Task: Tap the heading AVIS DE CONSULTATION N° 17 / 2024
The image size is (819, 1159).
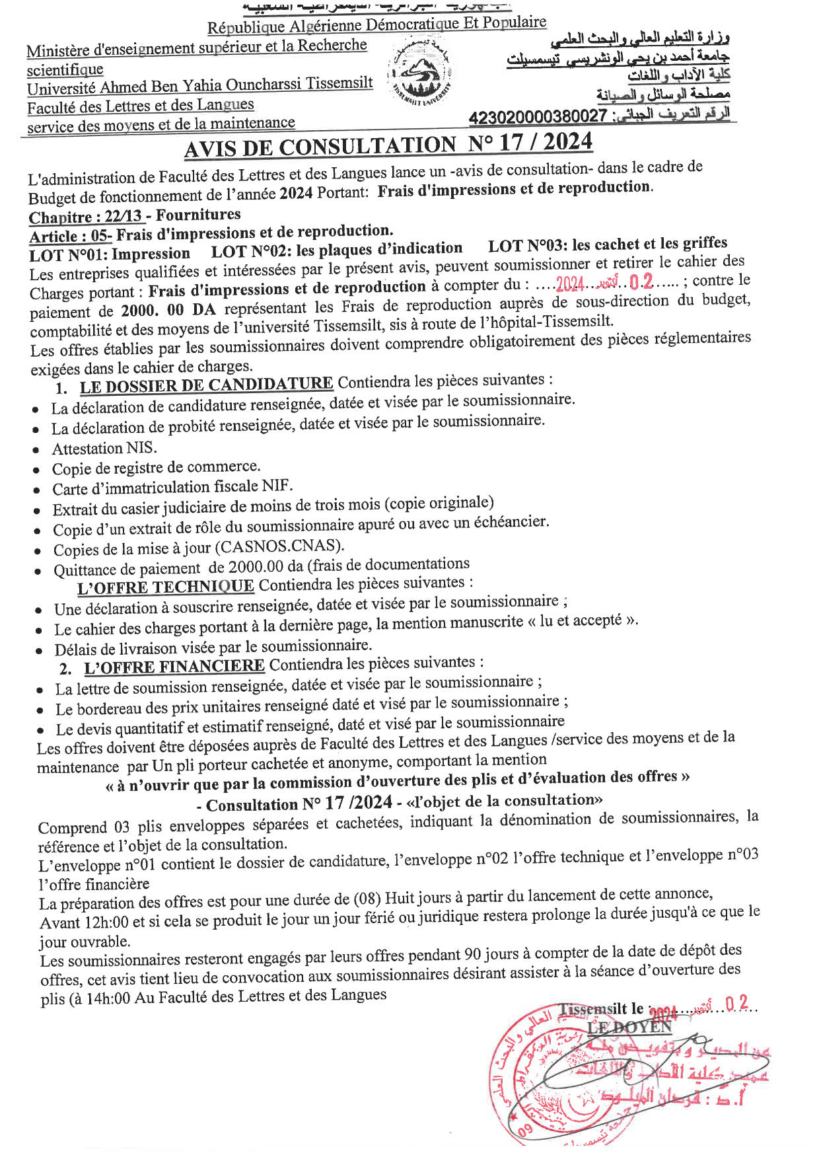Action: [x=388, y=145]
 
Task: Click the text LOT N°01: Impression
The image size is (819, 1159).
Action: [x=110, y=254]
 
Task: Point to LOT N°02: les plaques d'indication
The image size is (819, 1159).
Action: [x=337, y=250]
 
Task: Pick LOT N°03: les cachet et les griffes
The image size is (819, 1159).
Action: [x=608, y=244]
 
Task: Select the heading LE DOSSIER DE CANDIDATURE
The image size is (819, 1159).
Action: [x=206, y=385]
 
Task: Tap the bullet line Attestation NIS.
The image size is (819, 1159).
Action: [x=104, y=449]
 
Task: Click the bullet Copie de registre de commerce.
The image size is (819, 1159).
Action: [x=157, y=468]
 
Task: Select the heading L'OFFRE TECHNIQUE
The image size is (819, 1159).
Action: [x=166, y=587]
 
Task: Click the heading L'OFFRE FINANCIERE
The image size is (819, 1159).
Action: [x=174, y=667]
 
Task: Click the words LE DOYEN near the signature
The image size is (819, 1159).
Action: [x=629, y=1027]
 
